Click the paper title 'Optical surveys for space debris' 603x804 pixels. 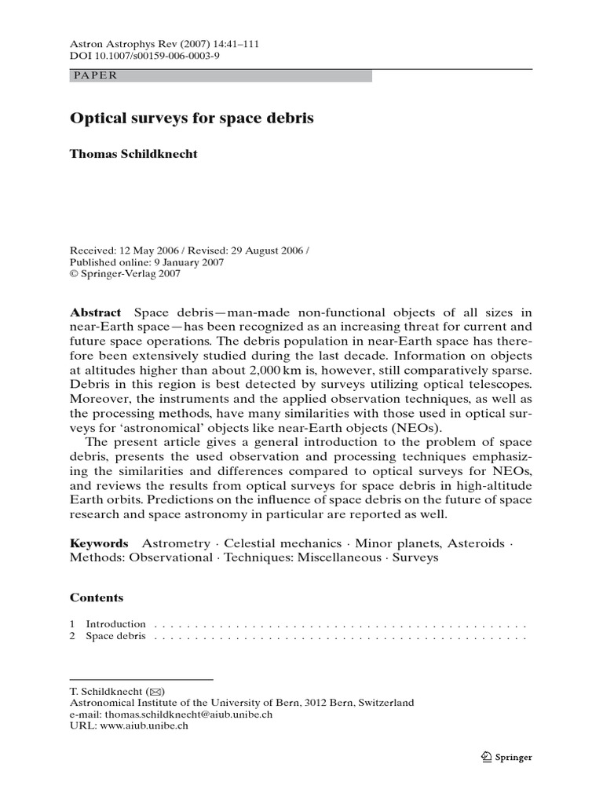coord(192,119)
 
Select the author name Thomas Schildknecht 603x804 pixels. coord(134,154)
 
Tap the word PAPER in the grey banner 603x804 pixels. coord(94,75)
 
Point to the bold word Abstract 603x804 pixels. coord(96,312)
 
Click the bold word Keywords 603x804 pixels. coord(99,543)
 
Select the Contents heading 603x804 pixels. coord(97,598)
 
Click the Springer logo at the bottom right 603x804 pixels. coord(506,757)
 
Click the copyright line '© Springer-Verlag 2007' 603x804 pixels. coord(126,274)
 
